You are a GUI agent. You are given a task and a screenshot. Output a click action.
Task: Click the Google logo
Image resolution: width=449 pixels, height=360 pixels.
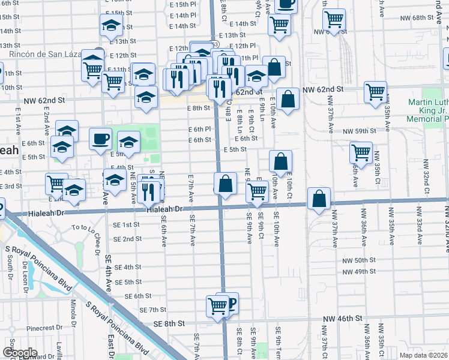(x=19, y=353)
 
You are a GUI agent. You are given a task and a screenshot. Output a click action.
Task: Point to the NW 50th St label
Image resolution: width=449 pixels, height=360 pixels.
(x=359, y=261)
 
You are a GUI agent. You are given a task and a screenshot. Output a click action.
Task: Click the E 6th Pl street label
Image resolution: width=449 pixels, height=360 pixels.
(x=199, y=129)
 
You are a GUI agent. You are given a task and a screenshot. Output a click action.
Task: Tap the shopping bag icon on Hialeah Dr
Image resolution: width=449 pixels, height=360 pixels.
(x=319, y=199)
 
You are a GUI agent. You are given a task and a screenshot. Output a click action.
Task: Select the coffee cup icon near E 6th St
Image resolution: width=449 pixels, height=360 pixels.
(x=100, y=139)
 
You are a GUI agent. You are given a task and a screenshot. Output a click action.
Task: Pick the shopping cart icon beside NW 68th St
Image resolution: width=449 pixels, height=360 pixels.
(x=334, y=19)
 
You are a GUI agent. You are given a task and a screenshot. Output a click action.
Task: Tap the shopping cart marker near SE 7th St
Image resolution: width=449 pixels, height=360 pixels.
(x=217, y=306)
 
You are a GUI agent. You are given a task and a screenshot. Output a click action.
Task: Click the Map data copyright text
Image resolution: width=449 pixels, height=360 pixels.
(x=423, y=355)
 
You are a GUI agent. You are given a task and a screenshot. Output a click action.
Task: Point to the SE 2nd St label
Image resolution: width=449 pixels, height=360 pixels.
(x=127, y=239)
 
